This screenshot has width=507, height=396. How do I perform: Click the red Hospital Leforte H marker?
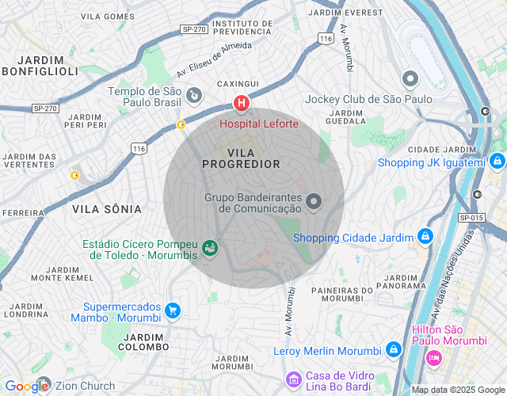click(x=241, y=104)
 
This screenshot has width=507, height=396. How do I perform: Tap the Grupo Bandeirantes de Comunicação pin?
click(x=314, y=202)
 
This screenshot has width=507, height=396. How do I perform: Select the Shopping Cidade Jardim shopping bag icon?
click(x=425, y=237)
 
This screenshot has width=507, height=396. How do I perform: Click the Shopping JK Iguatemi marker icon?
click(x=497, y=162)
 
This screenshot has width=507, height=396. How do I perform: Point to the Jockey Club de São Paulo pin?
click(x=410, y=79)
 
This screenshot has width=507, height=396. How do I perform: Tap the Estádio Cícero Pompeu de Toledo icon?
click(x=210, y=249)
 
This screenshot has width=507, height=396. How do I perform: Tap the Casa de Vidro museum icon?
click(x=294, y=381)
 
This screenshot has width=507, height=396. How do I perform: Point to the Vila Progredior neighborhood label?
click(x=242, y=158)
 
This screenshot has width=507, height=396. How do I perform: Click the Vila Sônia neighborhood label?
click(x=107, y=209)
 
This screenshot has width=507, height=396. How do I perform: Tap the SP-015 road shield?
click(x=471, y=217)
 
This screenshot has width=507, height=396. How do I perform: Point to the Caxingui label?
click(x=238, y=83)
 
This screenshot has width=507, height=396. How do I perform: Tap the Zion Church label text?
click(x=85, y=386)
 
